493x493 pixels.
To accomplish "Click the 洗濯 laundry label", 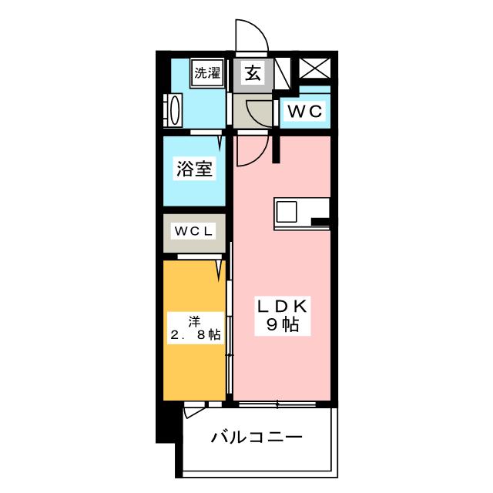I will click(x=207, y=74).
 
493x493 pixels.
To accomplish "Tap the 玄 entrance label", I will click(x=252, y=74).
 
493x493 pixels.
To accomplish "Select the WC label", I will click(x=304, y=112).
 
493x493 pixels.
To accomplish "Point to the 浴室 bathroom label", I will click(x=194, y=170).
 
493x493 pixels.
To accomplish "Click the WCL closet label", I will click(x=193, y=231).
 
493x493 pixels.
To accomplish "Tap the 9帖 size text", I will click(x=283, y=325).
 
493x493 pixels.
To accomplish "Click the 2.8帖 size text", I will click(x=195, y=334).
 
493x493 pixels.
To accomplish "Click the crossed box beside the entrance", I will click(x=314, y=68).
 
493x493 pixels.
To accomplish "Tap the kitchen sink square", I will click(x=287, y=210).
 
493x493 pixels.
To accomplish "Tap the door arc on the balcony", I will click(x=194, y=411).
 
